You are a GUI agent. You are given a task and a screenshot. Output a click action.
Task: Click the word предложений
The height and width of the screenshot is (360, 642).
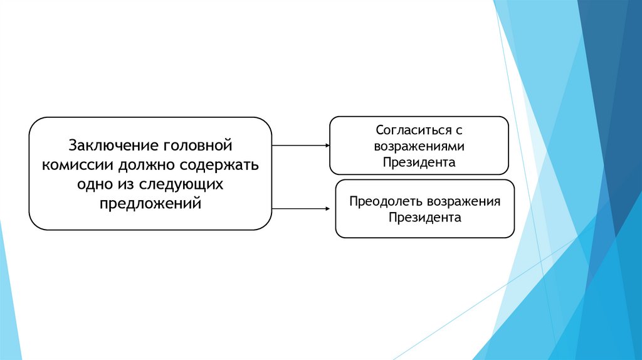click(150, 204)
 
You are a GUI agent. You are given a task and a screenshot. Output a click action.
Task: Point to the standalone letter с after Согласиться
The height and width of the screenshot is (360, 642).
click(458, 131)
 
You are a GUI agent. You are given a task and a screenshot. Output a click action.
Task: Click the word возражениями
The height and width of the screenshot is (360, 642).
click(419, 146)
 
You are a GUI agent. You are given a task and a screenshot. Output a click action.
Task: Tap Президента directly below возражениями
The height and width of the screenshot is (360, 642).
click(419, 162)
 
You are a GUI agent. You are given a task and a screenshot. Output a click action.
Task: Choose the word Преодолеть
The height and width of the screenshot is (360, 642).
click(386, 202)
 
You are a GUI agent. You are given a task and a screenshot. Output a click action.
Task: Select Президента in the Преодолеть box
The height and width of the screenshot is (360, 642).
click(424, 218)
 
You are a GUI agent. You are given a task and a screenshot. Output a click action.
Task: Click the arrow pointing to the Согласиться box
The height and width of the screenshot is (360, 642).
click(301, 146)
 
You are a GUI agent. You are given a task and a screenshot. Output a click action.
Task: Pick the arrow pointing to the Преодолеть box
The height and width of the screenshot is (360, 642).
click(301, 208)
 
